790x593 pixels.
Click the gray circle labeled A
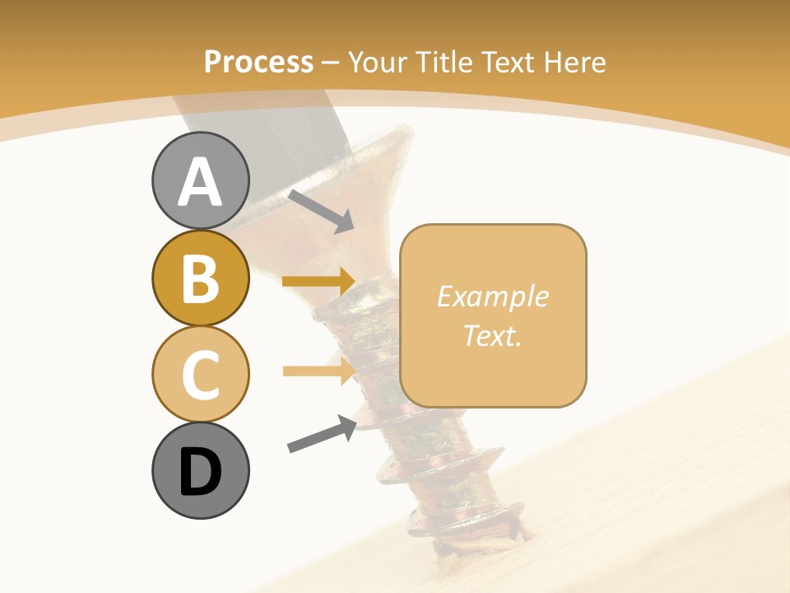coord(200,181)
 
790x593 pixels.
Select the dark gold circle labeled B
coord(200,278)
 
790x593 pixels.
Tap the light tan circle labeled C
coord(200,374)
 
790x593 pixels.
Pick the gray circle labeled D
coord(200,470)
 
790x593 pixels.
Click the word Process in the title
coord(258,62)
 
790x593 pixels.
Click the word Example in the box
coord(493,296)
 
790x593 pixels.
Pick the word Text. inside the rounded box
coord(493,335)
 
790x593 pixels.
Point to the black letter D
coord(200,472)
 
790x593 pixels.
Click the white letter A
coord(200,183)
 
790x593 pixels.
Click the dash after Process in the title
coord(331,63)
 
